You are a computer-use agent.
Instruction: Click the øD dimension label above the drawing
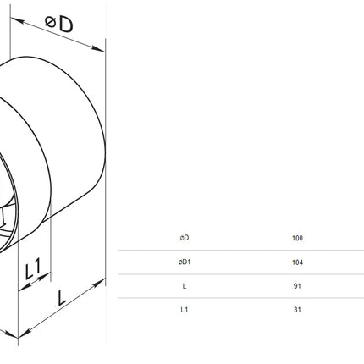coord(59,24)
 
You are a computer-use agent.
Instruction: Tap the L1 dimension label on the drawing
coord(33,268)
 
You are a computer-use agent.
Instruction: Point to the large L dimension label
coord(61,298)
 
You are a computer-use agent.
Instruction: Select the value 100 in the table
coord(297,238)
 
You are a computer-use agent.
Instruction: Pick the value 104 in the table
coord(297,262)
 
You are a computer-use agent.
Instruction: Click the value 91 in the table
coord(297,286)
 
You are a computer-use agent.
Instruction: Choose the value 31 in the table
coord(297,310)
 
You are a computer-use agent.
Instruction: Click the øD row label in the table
coord(185,238)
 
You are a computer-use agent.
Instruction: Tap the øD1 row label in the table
coord(185,262)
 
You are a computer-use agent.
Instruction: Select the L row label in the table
coord(185,286)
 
